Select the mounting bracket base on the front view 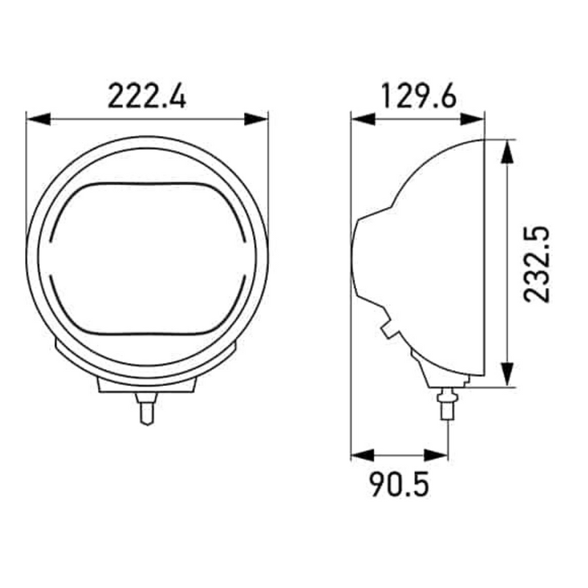click(147, 386)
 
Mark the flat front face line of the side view click(484, 257)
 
